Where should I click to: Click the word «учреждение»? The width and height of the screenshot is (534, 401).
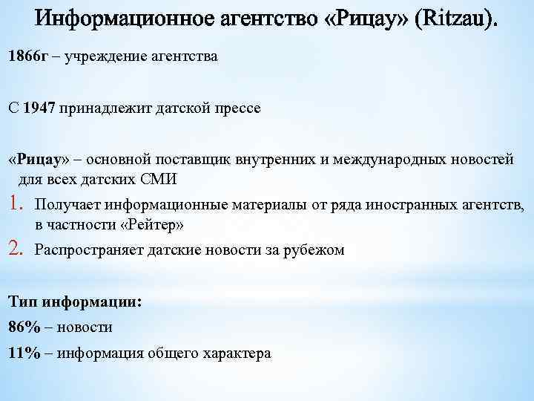(107, 57)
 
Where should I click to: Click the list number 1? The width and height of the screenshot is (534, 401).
(16, 203)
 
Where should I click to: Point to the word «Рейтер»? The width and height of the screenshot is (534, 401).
(155, 224)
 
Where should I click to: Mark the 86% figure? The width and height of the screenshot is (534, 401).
(24, 327)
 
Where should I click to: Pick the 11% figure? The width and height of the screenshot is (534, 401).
(24, 353)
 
